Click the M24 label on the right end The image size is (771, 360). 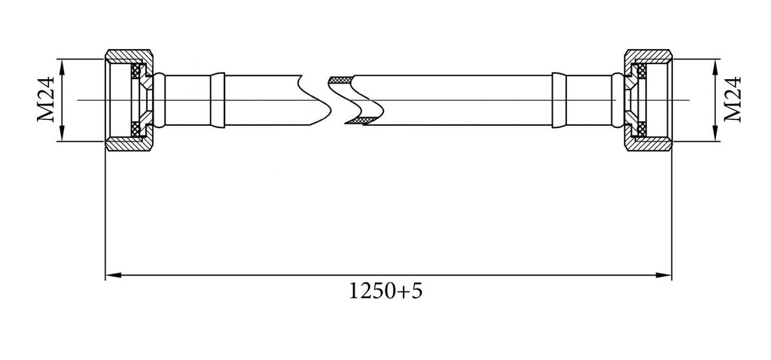733,99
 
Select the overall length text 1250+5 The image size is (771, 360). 385,291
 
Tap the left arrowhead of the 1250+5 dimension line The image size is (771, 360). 113,276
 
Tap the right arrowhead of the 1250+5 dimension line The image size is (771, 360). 664,276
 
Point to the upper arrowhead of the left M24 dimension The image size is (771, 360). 62,66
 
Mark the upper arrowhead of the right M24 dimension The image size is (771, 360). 715,66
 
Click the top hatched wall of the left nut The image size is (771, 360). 129,56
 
